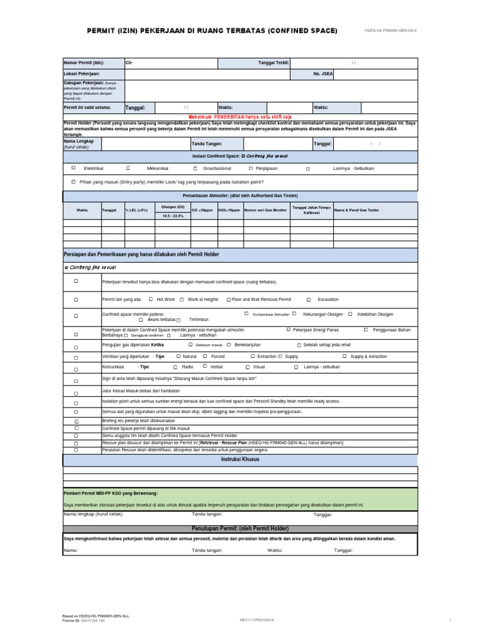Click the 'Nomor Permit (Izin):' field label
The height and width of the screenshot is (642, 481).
[x=85, y=63]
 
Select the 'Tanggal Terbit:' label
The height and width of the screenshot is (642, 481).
[x=273, y=63]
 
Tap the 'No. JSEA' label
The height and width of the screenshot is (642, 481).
[x=324, y=74]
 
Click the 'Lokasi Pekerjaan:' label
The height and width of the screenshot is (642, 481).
[x=82, y=74]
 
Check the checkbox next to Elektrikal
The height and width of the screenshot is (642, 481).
[x=73, y=168]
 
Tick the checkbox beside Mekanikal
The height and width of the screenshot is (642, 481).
[x=128, y=168]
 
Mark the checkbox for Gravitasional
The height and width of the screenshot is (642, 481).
[x=195, y=168]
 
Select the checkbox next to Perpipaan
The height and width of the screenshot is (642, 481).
[x=251, y=168]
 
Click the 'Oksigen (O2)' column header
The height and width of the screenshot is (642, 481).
[x=172, y=206]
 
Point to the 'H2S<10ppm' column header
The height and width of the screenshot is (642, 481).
[x=229, y=210]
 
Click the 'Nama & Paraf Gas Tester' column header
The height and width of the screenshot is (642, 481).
[x=356, y=210]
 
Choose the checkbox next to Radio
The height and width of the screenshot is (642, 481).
[x=175, y=366]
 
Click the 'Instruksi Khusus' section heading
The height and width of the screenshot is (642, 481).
[x=240, y=459]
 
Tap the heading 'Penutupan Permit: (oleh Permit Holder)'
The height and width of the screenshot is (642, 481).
[x=240, y=529]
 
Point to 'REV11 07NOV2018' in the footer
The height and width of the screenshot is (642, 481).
[x=257, y=619]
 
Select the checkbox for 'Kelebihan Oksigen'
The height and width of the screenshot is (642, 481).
[x=351, y=313]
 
